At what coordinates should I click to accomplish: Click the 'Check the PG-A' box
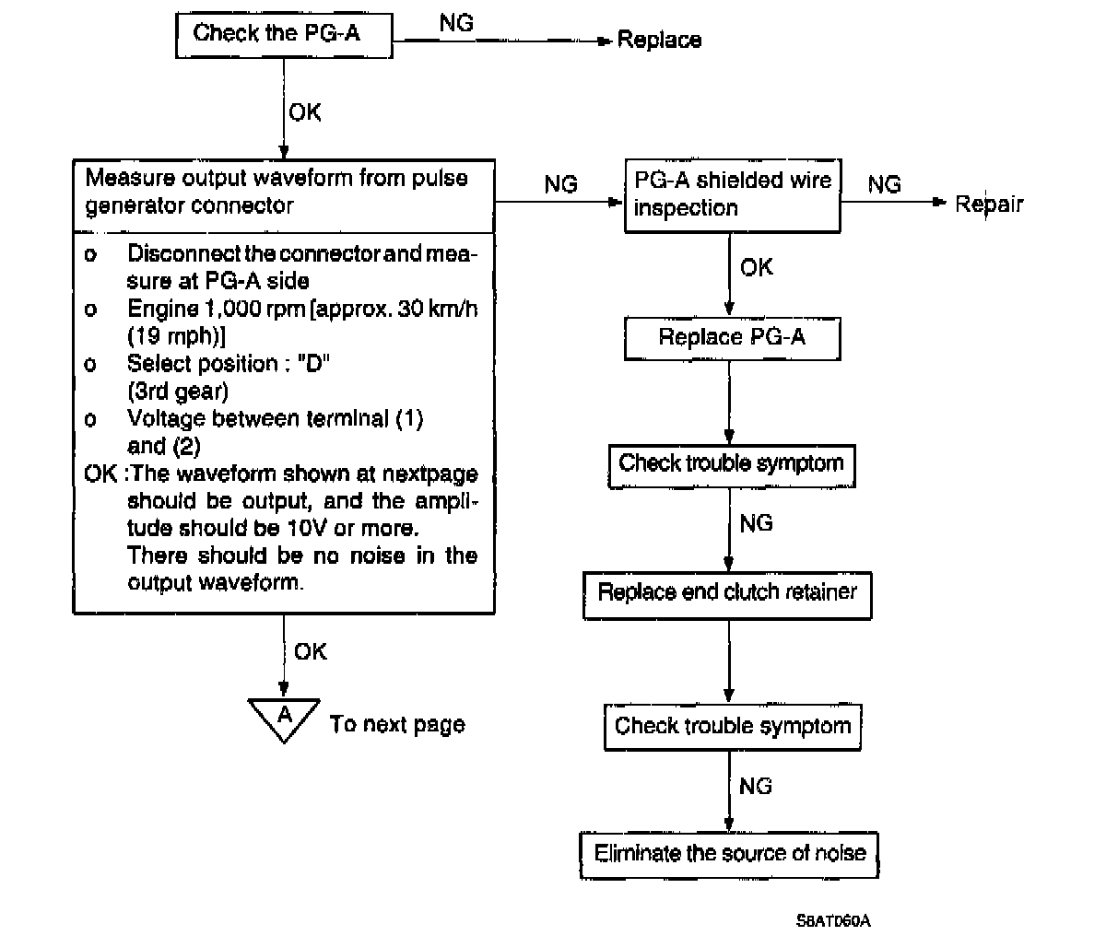pos(284,35)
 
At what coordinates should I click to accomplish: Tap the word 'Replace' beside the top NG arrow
pos(658,40)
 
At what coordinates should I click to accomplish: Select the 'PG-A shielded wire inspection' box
pos(733,194)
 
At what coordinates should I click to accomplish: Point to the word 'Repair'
pos(988,204)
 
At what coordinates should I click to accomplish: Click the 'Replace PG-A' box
pos(732,338)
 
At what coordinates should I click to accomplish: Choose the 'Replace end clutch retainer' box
pos(727,593)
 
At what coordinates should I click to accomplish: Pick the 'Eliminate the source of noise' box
pos(729,854)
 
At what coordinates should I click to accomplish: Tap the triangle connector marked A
pos(285,718)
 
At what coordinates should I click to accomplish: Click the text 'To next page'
pos(397,725)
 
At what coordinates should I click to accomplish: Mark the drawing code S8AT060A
pos(833,920)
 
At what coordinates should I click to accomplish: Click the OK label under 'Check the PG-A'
pos(305,112)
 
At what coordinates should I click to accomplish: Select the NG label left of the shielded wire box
pos(560,184)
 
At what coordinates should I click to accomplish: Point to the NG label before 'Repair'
pos(884,184)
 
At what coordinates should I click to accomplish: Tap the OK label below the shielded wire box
pos(757,268)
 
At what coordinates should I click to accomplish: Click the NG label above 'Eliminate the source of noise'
pos(756,786)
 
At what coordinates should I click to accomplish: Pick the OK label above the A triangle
pos(311,651)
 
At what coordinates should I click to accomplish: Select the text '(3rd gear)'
pos(177,391)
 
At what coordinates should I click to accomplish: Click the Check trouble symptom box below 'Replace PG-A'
pos(731,464)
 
